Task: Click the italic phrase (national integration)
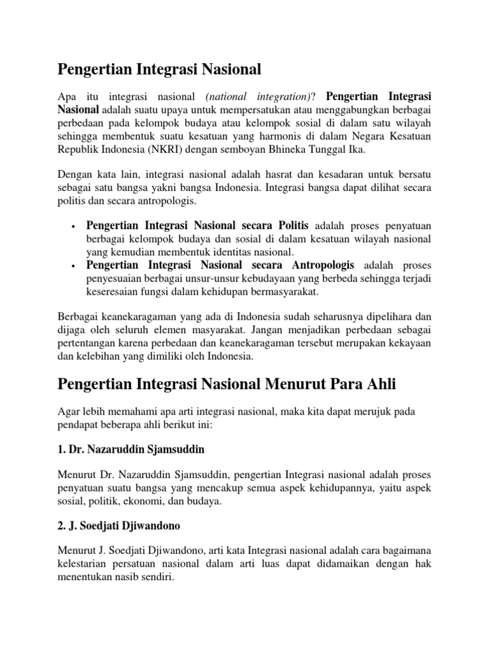[x=258, y=96]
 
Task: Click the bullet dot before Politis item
[x=74, y=227]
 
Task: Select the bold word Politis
[x=294, y=225]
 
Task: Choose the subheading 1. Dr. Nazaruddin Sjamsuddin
[x=132, y=449]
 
